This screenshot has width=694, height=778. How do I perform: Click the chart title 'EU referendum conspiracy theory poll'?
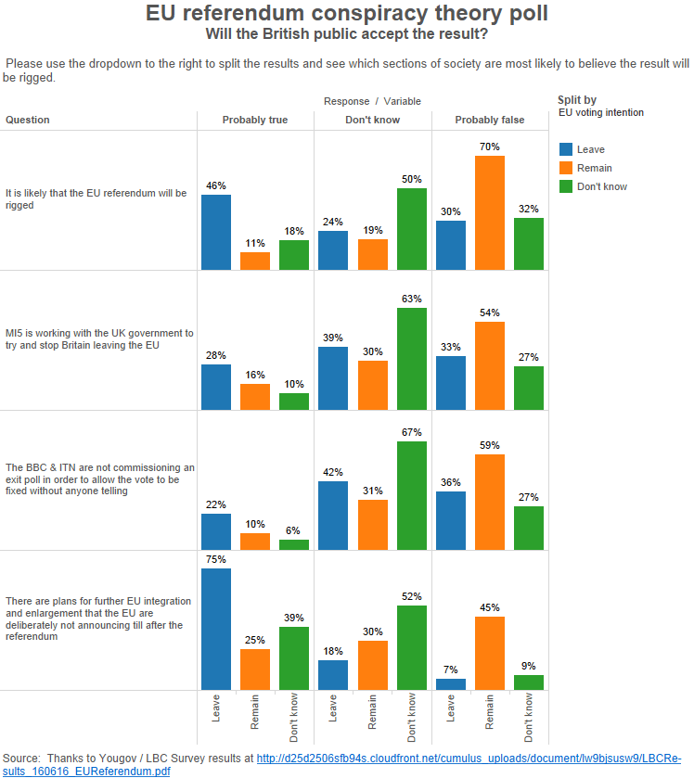[346, 14]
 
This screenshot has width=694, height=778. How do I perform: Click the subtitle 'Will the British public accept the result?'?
[346, 35]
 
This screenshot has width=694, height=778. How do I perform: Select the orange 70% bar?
[490, 212]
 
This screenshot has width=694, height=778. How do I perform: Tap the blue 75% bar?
[216, 629]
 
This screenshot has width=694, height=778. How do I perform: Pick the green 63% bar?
[412, 359]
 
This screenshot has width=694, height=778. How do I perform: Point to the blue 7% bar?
[451, 684]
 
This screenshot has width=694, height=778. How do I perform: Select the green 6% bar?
[294, 545]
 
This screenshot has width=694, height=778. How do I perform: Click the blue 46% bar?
[216, 232]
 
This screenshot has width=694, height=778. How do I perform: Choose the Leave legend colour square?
[565, 149]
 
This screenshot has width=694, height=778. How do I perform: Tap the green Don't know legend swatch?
[565, 186]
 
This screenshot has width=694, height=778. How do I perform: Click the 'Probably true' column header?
[255, 120]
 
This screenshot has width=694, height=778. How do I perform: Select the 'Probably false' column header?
[490, 120]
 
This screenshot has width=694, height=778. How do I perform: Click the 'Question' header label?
[28, 120]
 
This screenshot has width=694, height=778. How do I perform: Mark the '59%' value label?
[490, 445]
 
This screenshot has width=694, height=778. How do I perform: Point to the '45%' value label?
[490, 607]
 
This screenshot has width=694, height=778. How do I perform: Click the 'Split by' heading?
[577, 100]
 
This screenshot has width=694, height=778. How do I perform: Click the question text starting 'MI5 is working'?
[99, 338]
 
